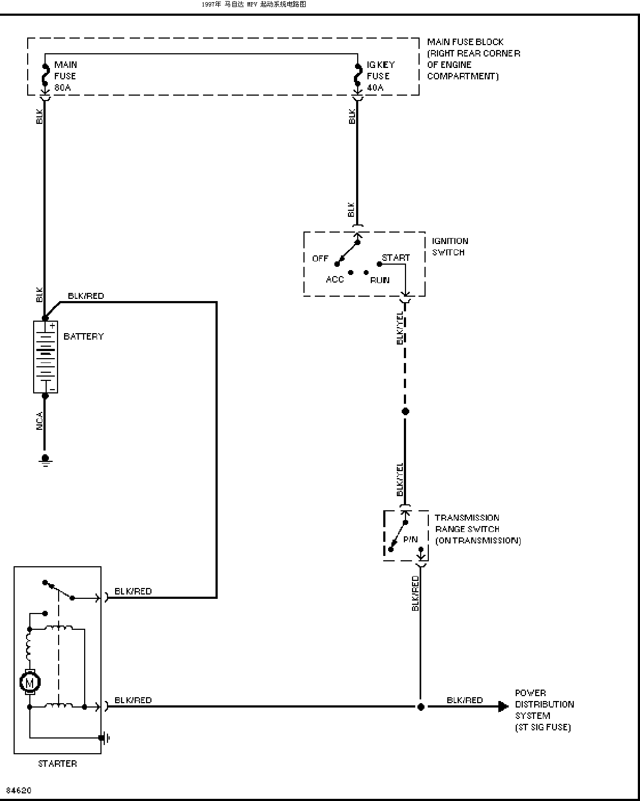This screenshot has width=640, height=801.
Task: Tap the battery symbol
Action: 46,357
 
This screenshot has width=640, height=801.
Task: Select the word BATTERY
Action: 84,336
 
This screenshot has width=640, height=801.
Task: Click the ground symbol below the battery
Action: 45,460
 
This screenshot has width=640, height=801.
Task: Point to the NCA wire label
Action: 40,421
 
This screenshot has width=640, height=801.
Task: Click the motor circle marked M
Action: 30,683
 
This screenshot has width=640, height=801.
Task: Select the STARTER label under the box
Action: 58,764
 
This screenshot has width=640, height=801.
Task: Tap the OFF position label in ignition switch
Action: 320,258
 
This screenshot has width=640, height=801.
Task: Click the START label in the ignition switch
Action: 396,258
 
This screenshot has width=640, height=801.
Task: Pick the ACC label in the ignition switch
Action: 335,279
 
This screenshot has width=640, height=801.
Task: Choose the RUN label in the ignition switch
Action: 379,280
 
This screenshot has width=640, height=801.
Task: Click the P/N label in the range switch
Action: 410,539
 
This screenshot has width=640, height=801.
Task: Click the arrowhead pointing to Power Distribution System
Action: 503,706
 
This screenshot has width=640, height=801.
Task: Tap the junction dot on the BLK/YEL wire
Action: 405,411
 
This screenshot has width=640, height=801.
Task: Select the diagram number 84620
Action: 19,790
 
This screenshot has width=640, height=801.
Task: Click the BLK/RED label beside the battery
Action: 86,296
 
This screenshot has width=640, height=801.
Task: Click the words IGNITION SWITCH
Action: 450,246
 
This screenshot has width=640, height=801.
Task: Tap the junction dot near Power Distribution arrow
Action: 421,707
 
